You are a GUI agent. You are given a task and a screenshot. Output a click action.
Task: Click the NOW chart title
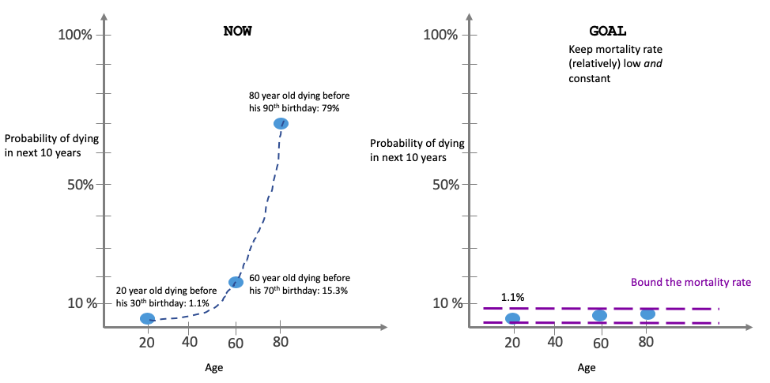(238, 32)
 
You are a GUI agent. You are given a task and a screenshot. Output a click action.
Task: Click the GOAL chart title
(608, 32)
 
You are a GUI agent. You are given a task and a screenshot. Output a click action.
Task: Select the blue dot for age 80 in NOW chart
(281, 123)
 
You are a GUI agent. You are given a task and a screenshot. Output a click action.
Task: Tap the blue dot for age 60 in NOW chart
(236, 282)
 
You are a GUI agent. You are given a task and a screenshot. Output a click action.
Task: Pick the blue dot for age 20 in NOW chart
(147, 318)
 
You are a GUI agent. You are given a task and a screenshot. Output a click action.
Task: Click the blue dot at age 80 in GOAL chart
(647, 314)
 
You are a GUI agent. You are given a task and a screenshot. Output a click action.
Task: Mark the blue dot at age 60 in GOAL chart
(599, 315)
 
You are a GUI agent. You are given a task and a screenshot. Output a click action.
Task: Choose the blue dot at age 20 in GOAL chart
(512, 318)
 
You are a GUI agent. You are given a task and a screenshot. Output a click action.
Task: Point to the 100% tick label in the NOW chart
(76, 35)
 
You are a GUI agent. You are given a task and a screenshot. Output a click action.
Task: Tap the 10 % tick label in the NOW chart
(79, 303)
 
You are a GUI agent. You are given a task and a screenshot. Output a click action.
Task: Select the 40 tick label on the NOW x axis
(190, 342)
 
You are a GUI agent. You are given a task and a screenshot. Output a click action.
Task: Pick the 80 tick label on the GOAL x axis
(646, 342)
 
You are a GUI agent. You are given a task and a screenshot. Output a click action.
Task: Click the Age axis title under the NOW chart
(213, 367)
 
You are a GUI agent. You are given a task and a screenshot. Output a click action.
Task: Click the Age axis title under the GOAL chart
(586, 367)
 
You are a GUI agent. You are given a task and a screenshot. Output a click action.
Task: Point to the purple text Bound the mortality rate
(690, 282)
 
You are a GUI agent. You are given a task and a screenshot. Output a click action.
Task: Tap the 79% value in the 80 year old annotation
(330, 108)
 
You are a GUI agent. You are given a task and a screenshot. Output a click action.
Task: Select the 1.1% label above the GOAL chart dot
(513, 298)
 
